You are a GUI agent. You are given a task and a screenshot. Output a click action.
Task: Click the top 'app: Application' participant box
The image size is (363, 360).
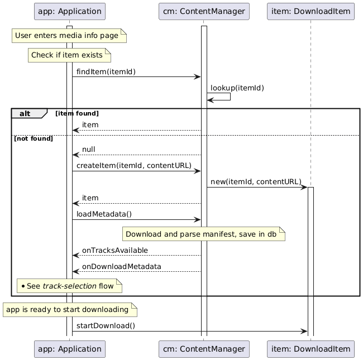pyautogui.click(x=69, y=11)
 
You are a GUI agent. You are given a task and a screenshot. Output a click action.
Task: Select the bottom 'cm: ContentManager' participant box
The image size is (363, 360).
pyautogui.click(x=204, y=349)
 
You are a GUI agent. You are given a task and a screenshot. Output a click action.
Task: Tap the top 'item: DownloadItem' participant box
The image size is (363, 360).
pyautogui.click(x=311, y=11)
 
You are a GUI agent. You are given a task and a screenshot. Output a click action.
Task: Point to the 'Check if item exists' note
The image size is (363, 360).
pyautogui.click(x=69, y=55)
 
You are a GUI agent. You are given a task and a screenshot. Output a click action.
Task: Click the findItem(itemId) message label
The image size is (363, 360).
pyautogui.click(x=106, y=71)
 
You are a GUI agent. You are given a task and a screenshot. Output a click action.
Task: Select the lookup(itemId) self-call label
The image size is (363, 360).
pyautogui.click(x=237, y=88)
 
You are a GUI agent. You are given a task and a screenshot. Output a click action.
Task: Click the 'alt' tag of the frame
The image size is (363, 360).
pyautogui.click(x=25, y=113)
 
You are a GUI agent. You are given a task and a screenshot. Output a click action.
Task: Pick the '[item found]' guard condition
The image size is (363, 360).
pyautogui.click(x=77, y=113)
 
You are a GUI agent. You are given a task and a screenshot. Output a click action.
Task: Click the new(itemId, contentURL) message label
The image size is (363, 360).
pyautogui.click(x=255, y=182)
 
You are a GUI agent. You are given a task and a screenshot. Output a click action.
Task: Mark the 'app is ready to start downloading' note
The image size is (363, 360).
pyautogui.click(x=69, y=310)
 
